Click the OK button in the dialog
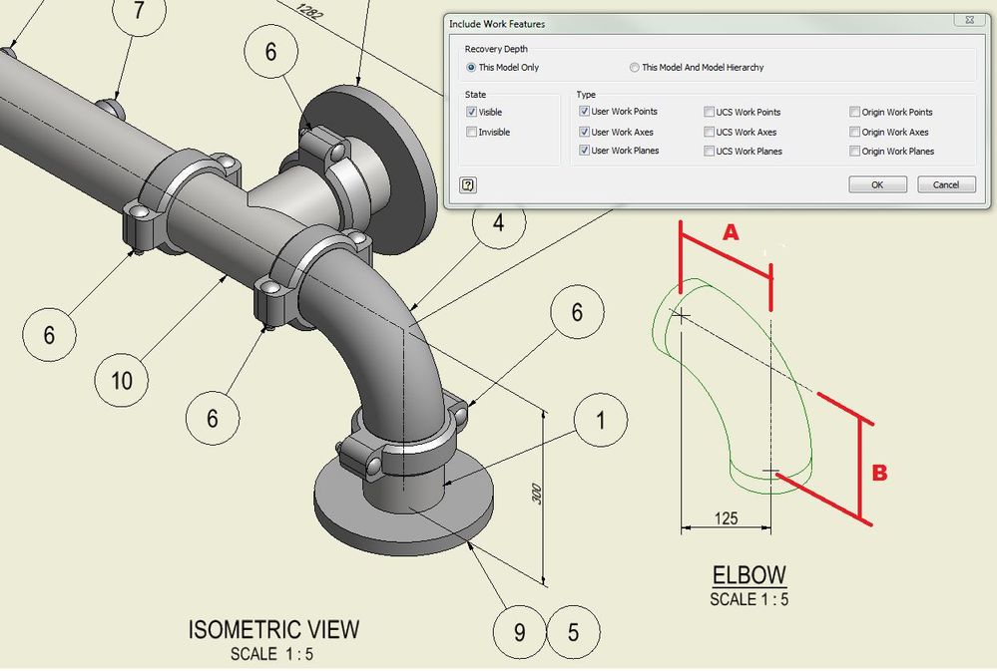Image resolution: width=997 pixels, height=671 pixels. pyautogui.click(x=877, y=184)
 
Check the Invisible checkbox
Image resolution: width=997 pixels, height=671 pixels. pyautogui.click(x=472, y=132)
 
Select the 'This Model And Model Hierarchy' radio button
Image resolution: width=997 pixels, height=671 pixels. pyautogui.click(x=635, y=68)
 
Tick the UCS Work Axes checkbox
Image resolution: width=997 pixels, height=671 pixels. pyautogui.click(x=709, y=132)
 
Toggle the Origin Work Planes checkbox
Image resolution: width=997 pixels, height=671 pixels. pyautogui.click(x=855, y=152)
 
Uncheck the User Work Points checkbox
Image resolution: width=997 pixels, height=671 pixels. pyautogui.click(x=585, y=112)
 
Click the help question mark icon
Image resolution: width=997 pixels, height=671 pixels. pyautogui.click(x=469, y=184)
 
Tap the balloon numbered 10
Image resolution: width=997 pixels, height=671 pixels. pyautogui.click(x=122, y=380)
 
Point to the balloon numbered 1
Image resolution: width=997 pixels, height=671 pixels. pyautogui.click(x=600, y=421)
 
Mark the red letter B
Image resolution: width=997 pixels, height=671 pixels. pyautogui.click(x=879, y=473)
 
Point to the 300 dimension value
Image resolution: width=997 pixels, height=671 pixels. pyautogui.click(x=537, y=496)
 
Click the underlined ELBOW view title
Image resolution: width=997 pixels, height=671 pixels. pyautogui.click(x=748, y=575)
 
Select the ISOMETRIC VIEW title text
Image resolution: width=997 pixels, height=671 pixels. pyautogui.click(x=273, y=630)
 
